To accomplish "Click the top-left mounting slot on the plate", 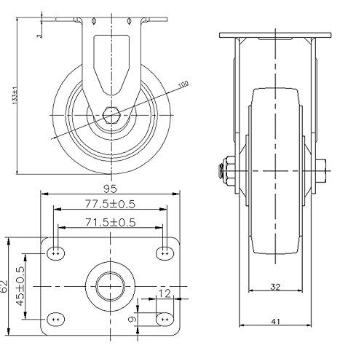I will (57, 253).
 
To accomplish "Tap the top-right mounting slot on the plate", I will (164, 253).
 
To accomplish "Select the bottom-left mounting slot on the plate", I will (57, 318).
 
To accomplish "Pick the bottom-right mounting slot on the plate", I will (164, 319).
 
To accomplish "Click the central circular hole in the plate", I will (111, 285).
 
